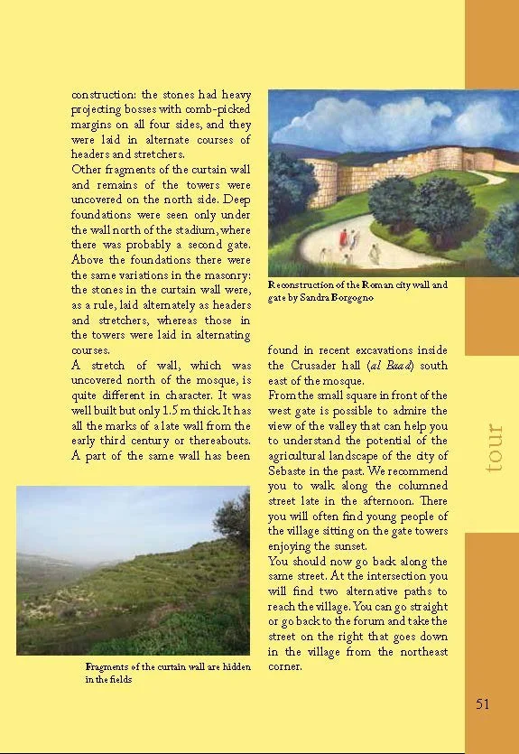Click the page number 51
point(482,704)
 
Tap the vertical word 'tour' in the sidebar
point(493,448)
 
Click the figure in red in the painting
point(343,239)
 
